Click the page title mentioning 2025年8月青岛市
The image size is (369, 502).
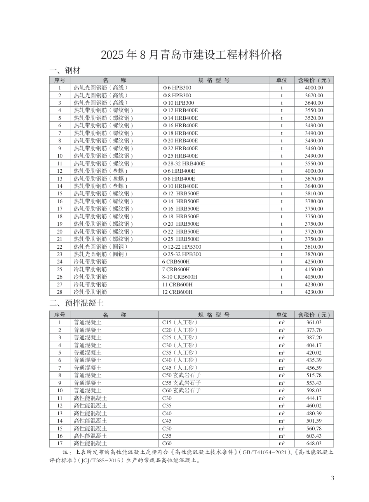coord(191,55)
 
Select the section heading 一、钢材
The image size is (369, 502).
coord(64,70)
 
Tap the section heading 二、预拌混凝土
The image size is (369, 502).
coord(76,303)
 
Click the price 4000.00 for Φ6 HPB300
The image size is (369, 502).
coord(313,88)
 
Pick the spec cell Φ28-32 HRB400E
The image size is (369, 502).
coord(184,163)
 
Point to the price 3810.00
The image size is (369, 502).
coord(313,193)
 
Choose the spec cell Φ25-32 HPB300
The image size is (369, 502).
coord(182,254)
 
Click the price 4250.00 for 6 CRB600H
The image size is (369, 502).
coord(313,262)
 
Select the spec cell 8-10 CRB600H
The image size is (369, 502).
coord(179,277)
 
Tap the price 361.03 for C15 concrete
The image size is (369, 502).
coord(313,322)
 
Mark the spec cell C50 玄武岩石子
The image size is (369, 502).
coord(181,375)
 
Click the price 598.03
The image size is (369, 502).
coord(313,390)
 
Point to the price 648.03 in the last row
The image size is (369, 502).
coord(313,443)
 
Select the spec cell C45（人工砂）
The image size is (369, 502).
coord(180,368)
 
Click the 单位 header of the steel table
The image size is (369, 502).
coord(282,80)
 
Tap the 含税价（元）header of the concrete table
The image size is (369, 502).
coord(313,315)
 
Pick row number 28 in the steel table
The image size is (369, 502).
coord(59,292)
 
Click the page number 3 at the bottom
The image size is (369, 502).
coord(332,478)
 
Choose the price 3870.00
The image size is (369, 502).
coord(313,254)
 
